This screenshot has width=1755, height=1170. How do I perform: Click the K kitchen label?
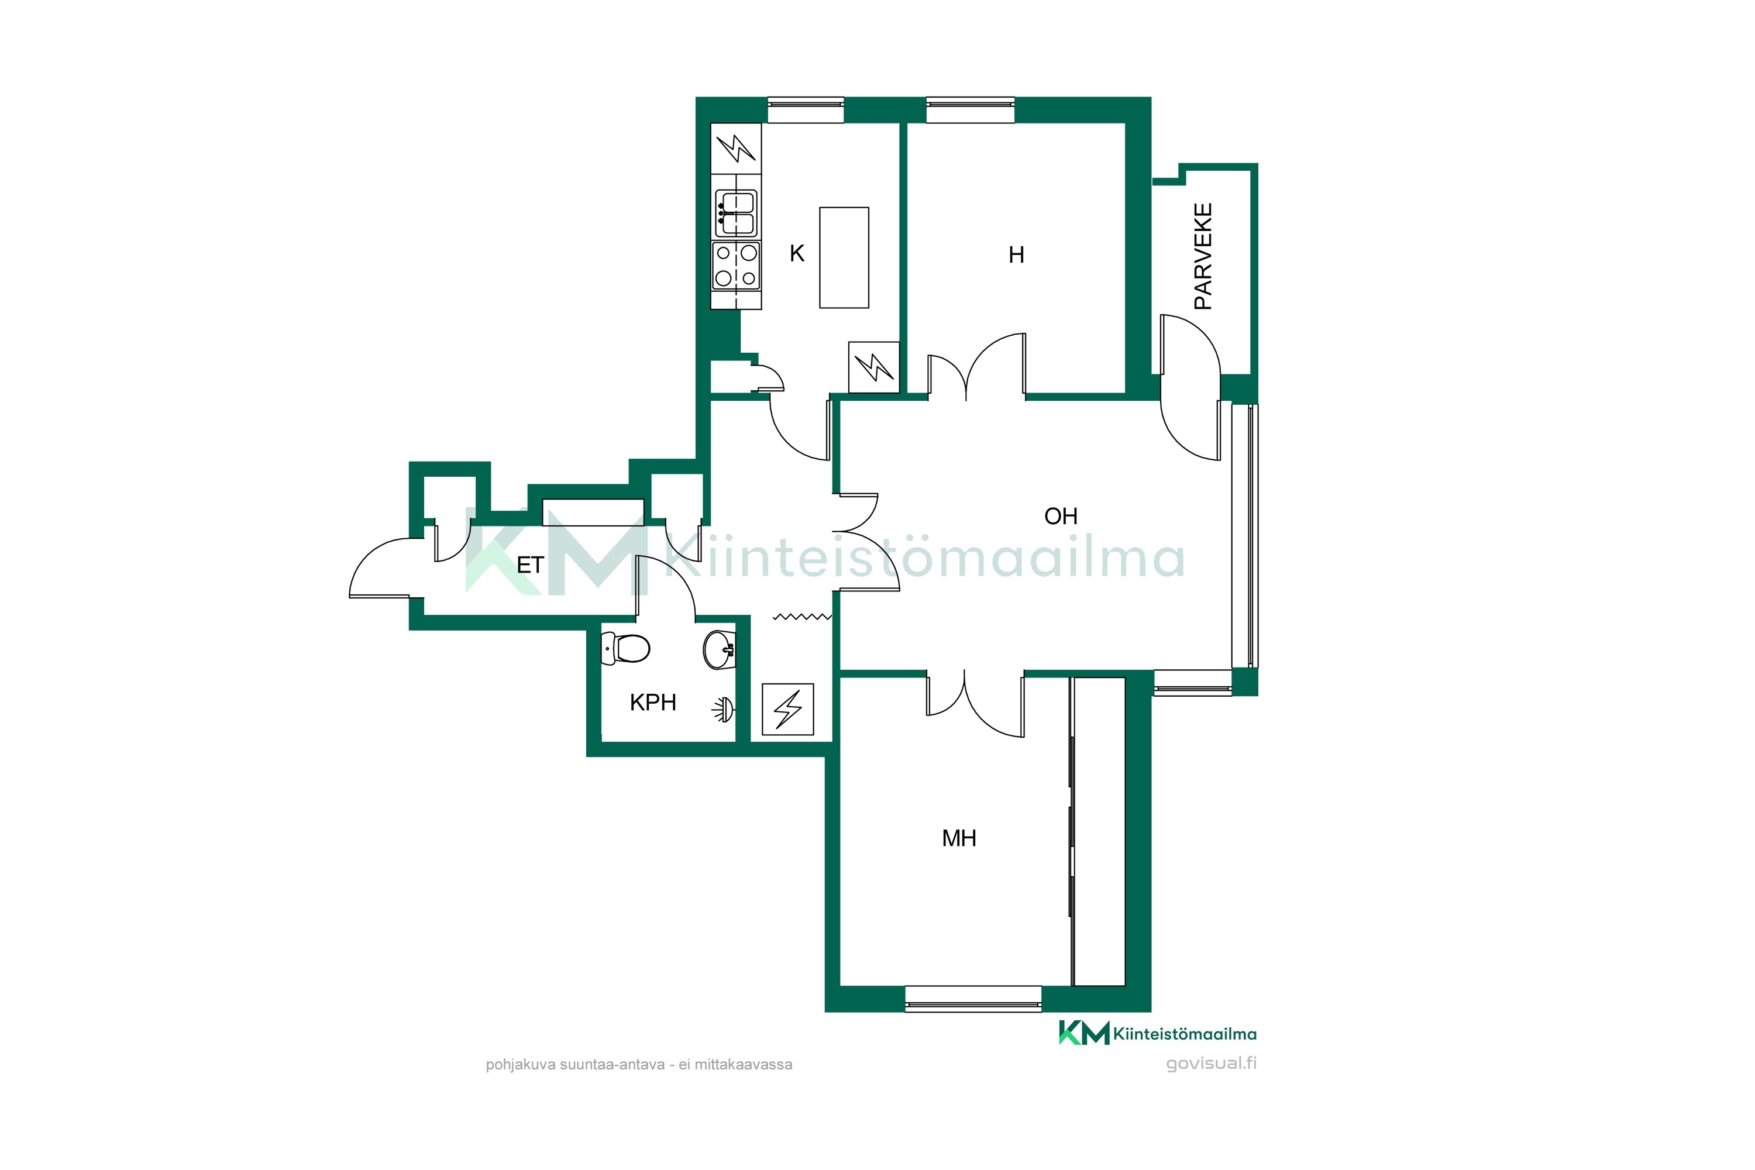797,254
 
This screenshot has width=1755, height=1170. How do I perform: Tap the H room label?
1016,255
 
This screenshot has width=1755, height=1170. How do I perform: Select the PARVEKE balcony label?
1203,256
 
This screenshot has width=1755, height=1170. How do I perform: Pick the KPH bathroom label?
653,702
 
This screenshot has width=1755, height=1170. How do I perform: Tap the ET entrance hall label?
530,566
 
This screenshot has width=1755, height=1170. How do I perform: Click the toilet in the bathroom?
625,648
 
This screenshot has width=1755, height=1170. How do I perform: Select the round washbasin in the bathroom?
720,649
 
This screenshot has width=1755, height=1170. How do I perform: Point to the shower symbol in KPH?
723,710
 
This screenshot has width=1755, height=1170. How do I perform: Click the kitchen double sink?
736,214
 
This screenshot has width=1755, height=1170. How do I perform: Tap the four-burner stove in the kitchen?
736,266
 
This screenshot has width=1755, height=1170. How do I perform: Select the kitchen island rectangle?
844,257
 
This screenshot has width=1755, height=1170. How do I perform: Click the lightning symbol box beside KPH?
787,709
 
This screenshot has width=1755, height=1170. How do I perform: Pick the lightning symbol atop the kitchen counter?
736,149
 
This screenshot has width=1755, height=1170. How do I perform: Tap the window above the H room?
970,110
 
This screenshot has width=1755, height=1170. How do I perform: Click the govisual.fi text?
1211,1064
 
